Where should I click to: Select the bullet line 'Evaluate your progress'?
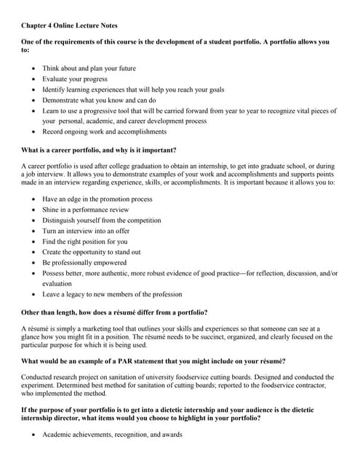(75, 79)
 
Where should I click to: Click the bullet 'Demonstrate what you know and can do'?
(99, 100)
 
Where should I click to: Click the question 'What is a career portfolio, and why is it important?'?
(99, 150)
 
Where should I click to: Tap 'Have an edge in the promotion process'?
(97, 198)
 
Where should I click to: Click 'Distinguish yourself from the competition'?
(102, 220)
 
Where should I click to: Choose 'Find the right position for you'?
(85, 241)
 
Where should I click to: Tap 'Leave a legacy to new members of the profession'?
(112, 294)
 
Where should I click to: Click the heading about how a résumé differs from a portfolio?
(115, 312)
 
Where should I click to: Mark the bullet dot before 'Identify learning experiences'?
(34, 90)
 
